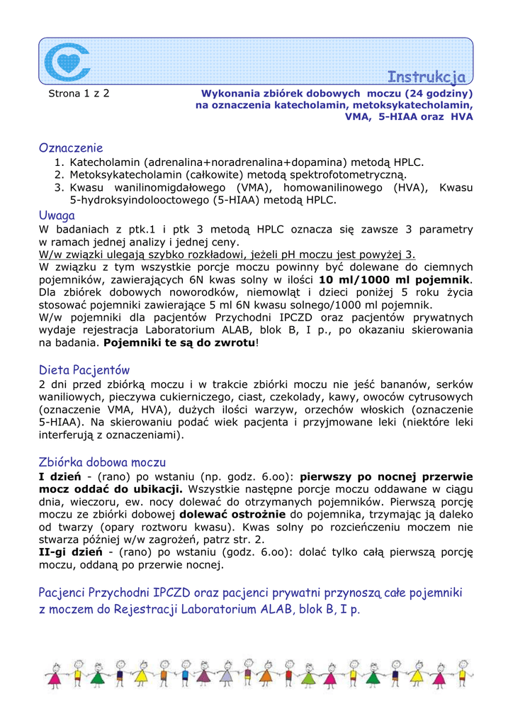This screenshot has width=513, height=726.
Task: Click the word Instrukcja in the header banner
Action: (x=426, y=77)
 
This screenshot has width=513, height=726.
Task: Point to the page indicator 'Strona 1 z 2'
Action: (x=79, y=93)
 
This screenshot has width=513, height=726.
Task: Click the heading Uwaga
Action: (x=57, y=216)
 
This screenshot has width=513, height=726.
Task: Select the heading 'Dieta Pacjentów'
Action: (x=84, y=370)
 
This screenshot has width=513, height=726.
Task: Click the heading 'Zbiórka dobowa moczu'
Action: (x=102, y=462)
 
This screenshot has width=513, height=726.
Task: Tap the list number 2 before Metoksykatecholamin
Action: (x=60, y=174)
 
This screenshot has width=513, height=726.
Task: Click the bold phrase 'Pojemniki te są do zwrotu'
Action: (x=179, y=343)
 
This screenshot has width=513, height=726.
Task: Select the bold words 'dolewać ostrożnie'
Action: (x=232, y=514)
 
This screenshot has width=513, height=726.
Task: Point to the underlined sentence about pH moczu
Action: (x=227, y=255)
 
